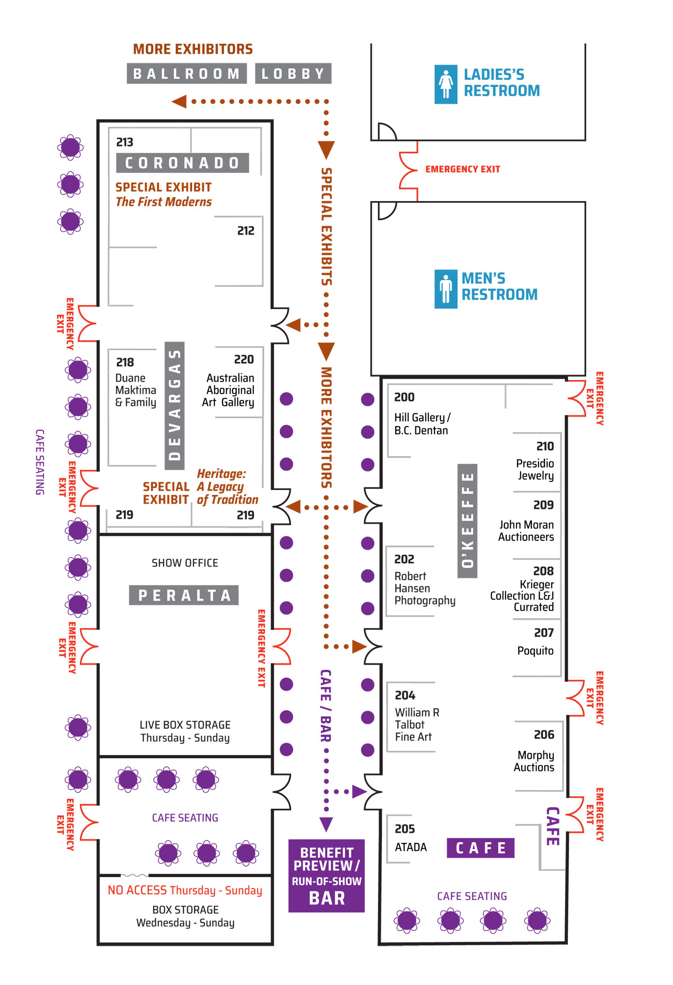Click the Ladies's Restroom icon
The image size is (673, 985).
click(x=445, y=84)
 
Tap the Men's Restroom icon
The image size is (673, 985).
click(x=445, y=289)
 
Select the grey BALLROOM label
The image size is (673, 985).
click(x=186, y=73)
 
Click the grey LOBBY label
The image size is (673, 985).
click(x=293, y=73)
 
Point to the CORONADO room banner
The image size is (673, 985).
click(x=182, y=163)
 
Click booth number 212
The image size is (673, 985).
click(x=246, y=230)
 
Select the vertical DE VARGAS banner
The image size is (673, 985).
click(x=174, y=406)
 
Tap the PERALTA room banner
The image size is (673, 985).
click(x=184, y=595)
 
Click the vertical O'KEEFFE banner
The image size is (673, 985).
click(x=467, y=521)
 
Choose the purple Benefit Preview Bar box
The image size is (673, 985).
click(x=326, y=876)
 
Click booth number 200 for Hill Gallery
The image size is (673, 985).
click(x=404, y=397)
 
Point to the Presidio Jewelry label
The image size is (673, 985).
click(x=535, y=469)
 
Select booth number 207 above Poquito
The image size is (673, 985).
click(x=544, y=633)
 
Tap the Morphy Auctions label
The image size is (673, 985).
click(x=534, y=761)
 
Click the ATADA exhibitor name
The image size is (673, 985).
click(x=411, y=847)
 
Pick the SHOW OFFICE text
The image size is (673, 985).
click(x=185, y=563)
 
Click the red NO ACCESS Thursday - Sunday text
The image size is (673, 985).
click(x=185, y=891)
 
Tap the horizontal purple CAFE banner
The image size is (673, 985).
click(x=480, y=848)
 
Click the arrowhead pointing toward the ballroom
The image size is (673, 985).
click(x=179, y=101)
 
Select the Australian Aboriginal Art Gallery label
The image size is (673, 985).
click(x=229, y=390)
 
